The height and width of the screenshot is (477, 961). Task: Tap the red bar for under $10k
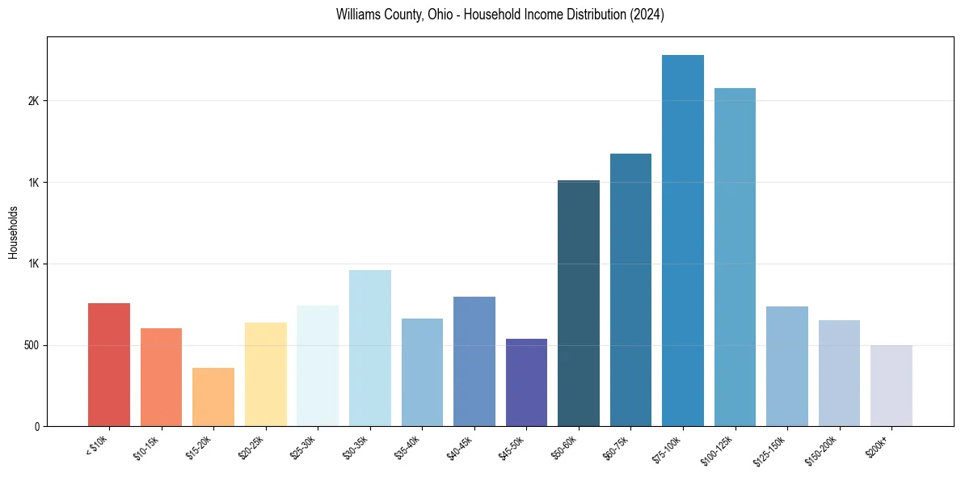point(109,365)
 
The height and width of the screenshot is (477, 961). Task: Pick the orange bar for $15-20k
point(213,397)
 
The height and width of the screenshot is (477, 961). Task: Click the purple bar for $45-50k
point(526,382)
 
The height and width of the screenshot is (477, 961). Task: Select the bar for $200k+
point(891,386)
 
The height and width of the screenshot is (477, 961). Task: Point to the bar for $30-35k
point(370,348)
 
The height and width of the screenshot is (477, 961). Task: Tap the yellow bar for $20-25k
point(266,374)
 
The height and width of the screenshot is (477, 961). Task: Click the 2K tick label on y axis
point(34,101)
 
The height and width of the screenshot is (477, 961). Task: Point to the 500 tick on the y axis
point(30,345)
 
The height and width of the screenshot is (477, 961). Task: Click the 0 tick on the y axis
point(37,426)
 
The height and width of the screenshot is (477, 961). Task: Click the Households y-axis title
point(13,232)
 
